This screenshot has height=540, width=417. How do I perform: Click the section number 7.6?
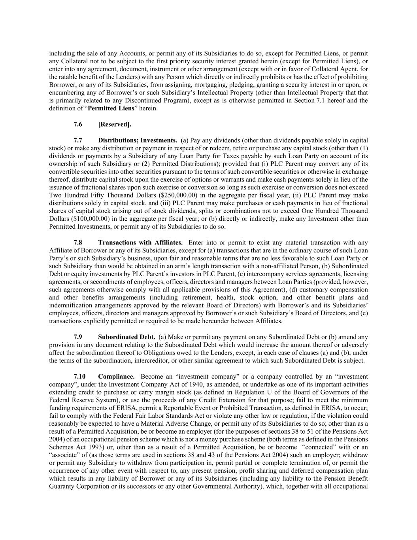(x=78, y=124)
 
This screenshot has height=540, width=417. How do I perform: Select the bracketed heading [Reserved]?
(x=115, y=124)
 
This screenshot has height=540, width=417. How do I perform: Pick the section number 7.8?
(x=78, y=243)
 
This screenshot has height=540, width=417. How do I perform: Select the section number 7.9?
(x=78, y=337)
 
